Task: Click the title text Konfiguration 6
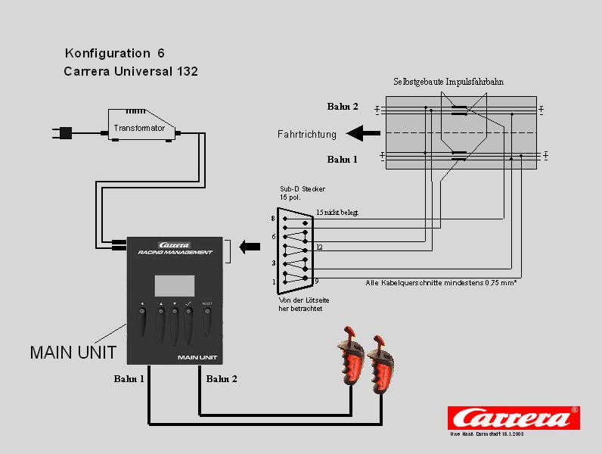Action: (115, 53)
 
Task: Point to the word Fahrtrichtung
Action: (306, 135)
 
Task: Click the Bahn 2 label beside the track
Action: (342, 106)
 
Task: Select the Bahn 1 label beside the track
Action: (342, 160)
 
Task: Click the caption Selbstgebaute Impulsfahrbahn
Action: (448, 81)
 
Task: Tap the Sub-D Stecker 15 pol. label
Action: (296, 193)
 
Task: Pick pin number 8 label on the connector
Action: (273, 219)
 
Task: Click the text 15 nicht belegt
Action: (337, 213)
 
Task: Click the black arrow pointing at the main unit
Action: (249, 246)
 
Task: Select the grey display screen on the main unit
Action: (175, 285)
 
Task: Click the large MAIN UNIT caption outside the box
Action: (73, 352)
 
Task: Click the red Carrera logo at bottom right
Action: (513, 418)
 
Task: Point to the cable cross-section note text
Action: (441, 282)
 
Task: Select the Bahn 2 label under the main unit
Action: (222, 378)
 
